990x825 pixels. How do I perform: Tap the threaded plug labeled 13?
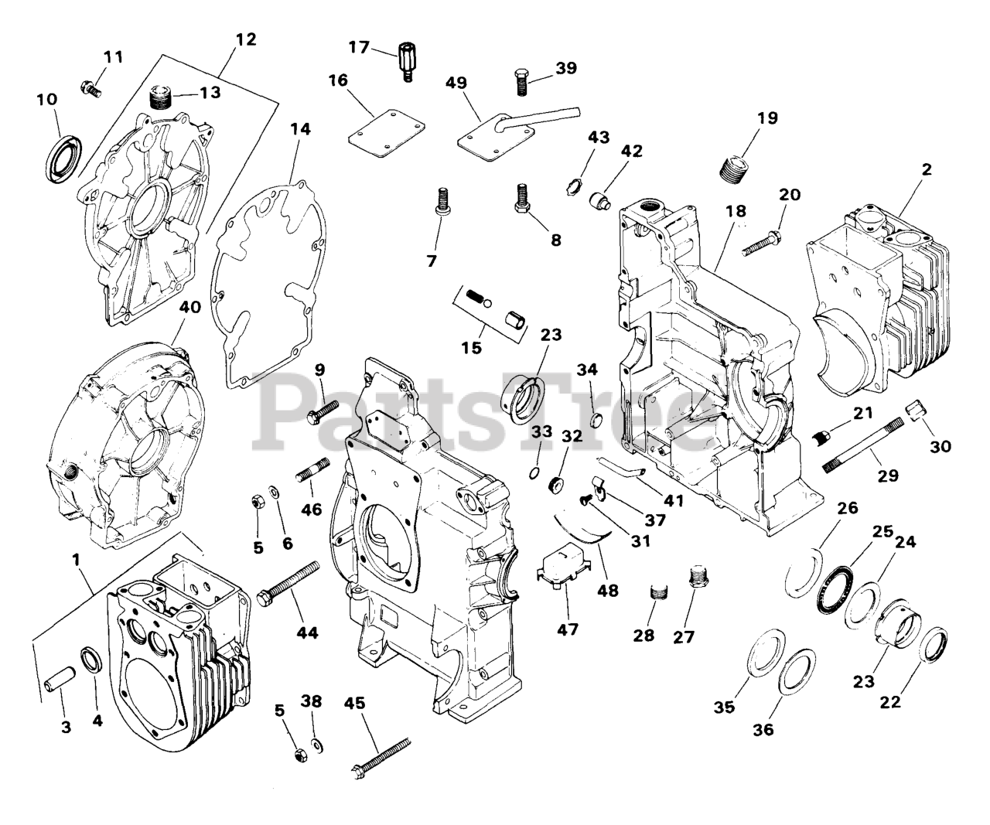[x=159, y=99]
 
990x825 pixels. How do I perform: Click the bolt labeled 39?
[x=520, y=82]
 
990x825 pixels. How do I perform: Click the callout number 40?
[x=190, y=307]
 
